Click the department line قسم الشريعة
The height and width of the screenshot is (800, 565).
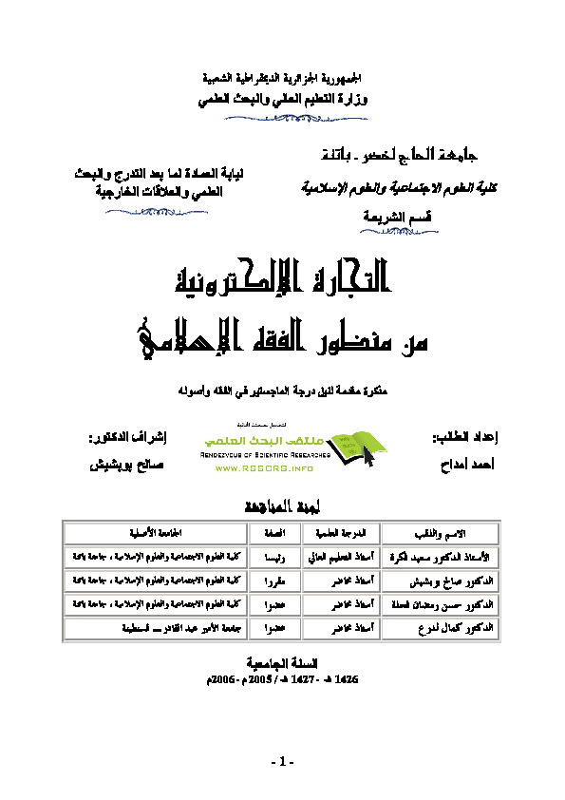363,216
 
